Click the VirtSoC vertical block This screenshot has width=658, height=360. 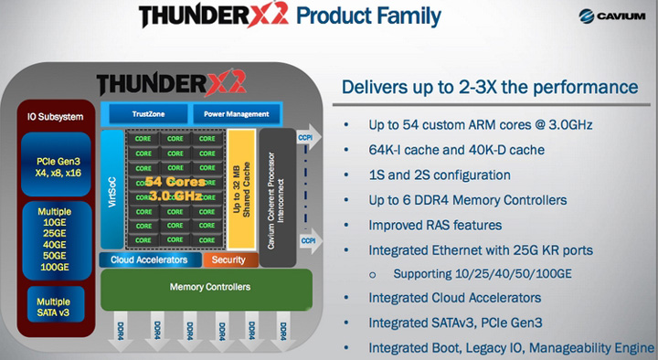112,188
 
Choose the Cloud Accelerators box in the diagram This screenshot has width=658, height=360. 150,259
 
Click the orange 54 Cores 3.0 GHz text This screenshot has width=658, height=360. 175,188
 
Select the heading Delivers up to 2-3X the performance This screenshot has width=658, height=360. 489,88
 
